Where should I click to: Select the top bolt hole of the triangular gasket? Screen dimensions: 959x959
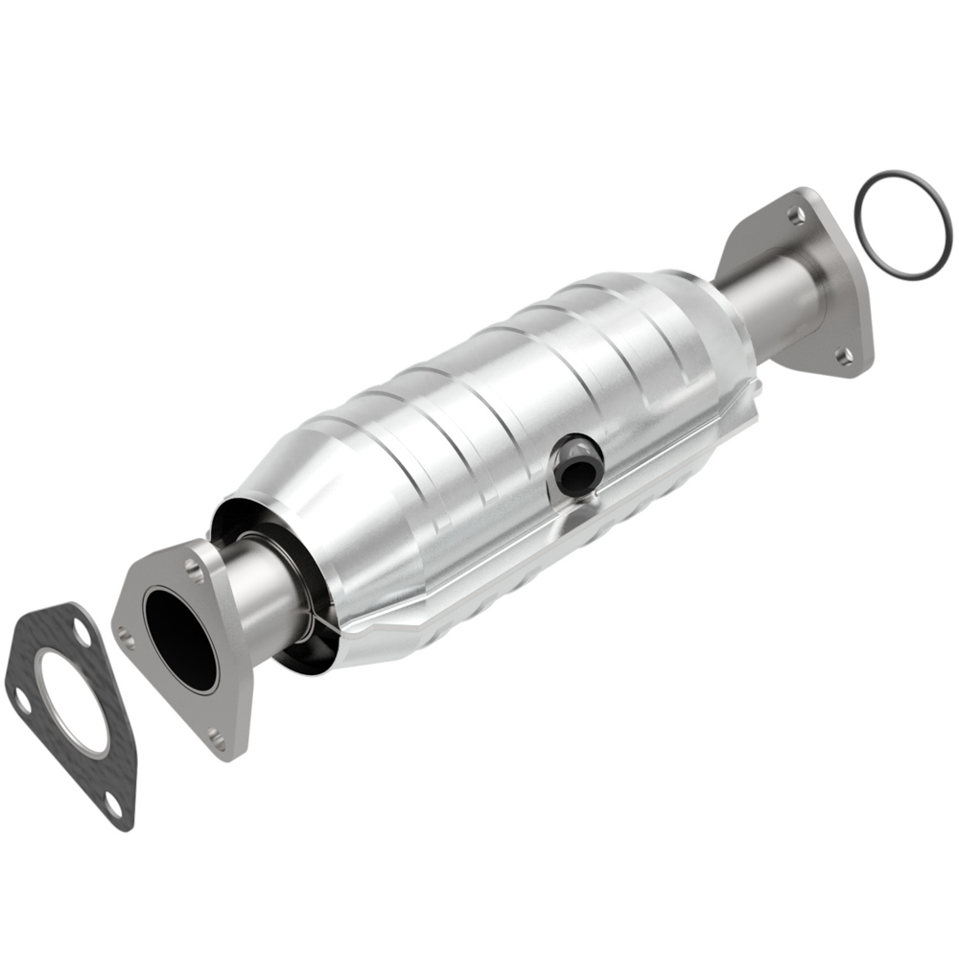tap(80, 634)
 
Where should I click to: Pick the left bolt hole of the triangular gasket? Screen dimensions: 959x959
tap(21, 702)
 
